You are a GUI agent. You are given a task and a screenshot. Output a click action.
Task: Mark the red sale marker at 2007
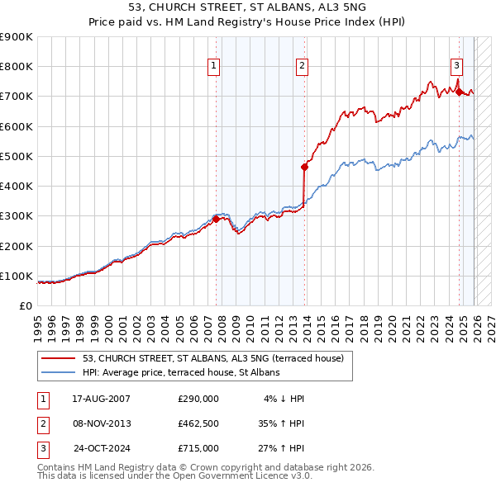pos(217,219)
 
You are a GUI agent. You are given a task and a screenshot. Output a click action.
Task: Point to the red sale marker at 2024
pos(459,92)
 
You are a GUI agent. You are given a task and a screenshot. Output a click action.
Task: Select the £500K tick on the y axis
pos(17,156)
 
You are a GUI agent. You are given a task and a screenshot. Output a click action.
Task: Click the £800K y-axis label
pos(17,67)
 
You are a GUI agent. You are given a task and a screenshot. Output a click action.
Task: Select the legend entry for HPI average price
pos(181,372)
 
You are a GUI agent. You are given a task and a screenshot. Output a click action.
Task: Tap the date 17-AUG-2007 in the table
pos(101,399)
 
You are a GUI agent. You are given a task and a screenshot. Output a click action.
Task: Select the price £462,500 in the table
pos(198,423)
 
